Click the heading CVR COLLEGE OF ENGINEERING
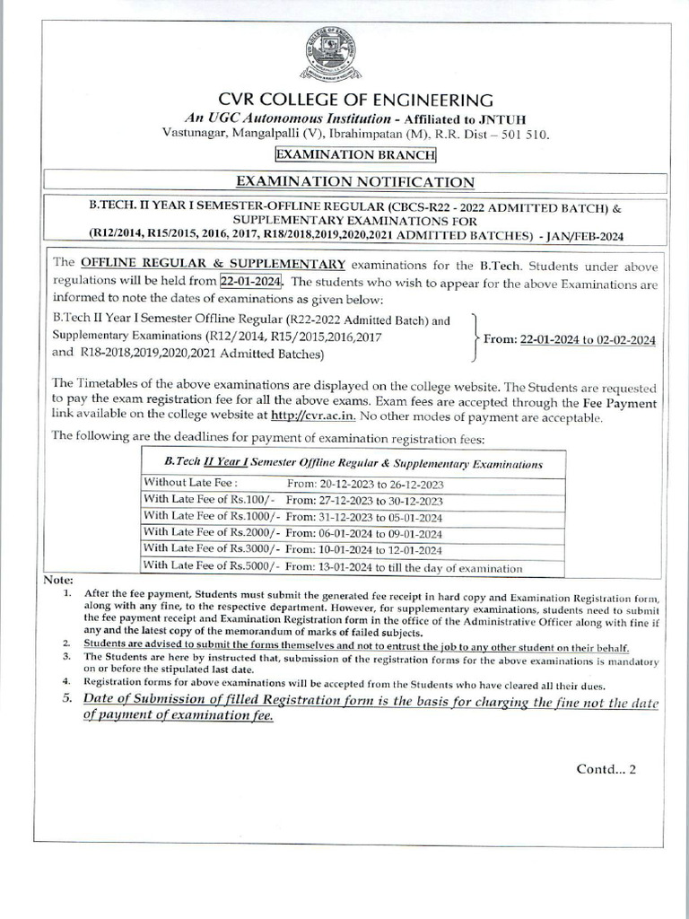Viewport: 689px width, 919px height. click(355, 99)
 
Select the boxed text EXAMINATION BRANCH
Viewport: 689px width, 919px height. click(355, 154)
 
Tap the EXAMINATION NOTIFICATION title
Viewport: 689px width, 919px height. click(355, 182)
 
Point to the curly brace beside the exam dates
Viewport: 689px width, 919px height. click(474, 338)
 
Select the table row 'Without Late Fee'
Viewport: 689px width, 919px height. click(353, 483)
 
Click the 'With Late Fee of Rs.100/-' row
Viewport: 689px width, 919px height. click(353, 501)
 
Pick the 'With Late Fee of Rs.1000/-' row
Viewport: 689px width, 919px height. click(353, 517)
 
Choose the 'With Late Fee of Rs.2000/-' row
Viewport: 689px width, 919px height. click(353, 534)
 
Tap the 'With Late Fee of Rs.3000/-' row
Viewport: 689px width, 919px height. click(353, 550)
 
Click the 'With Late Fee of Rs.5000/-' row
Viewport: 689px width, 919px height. click(353, 567)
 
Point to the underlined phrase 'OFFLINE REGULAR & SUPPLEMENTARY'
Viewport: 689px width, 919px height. click(213, 264)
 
